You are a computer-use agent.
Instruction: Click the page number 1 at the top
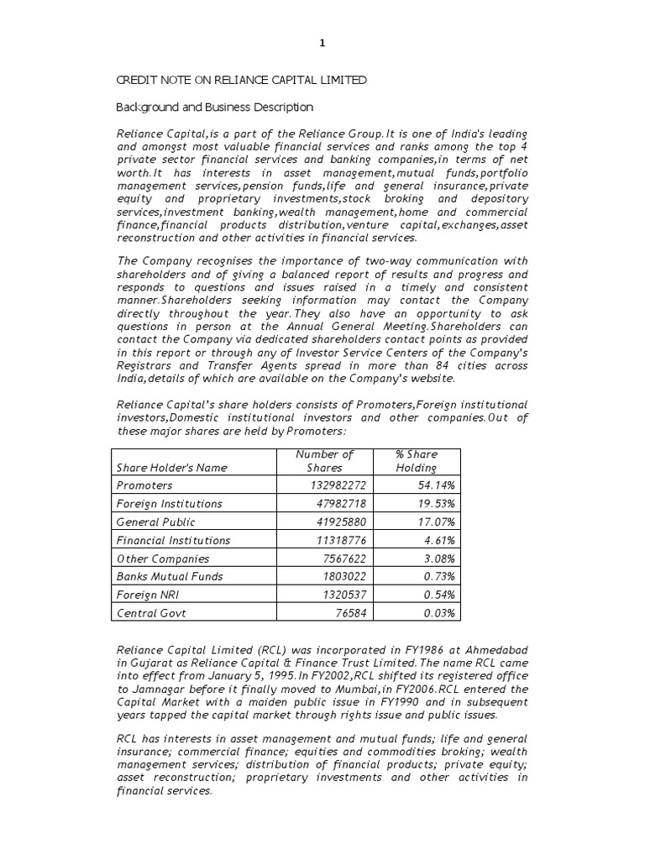coord(322,44)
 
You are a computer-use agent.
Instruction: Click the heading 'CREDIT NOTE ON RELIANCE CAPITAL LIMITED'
coord(240,80)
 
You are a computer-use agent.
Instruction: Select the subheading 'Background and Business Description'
coord(213,107)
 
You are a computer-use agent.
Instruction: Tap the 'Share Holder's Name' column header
coord(171,467)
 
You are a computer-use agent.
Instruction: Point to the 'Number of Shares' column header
coord(325,460)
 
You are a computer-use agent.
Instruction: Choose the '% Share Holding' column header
coord(417,460)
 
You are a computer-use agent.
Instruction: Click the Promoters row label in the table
coord(144,485)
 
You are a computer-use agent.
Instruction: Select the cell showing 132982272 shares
coord(332,485)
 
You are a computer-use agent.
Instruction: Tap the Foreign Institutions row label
coord(170,504)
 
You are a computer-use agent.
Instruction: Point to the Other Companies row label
coord(163,558)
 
